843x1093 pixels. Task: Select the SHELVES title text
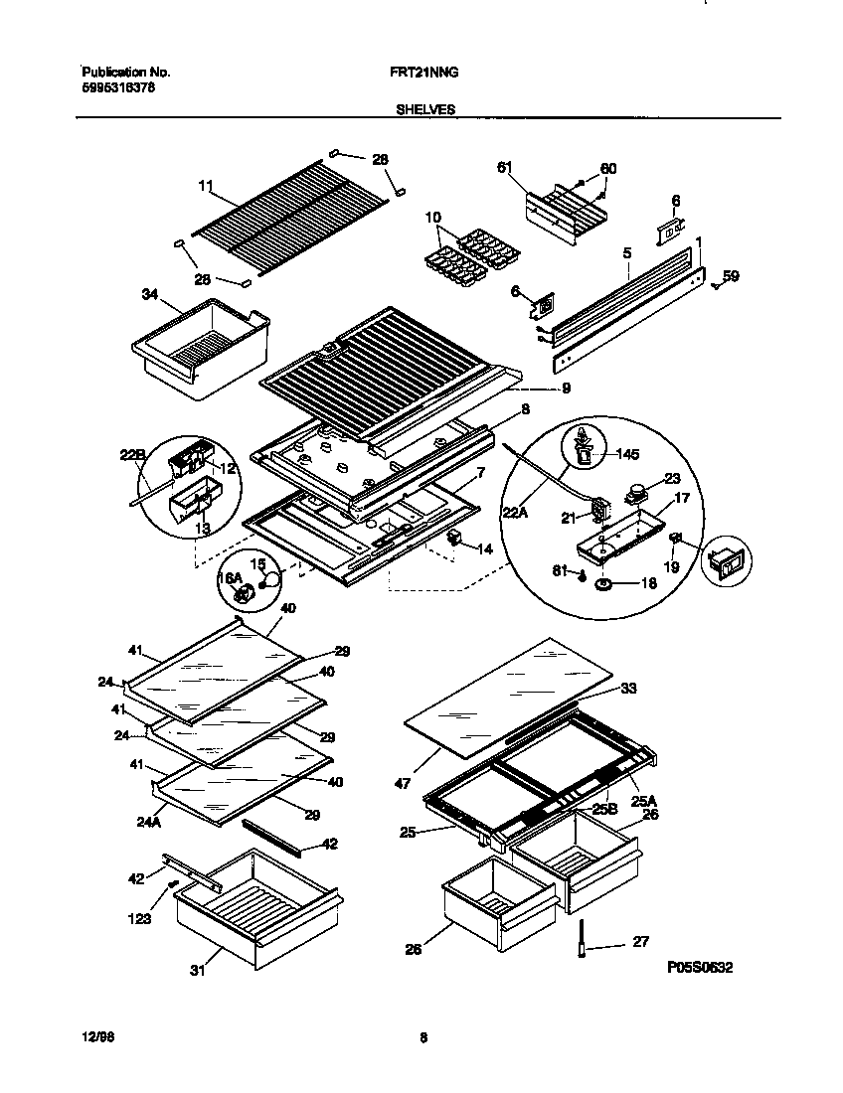click(x=426, y=110)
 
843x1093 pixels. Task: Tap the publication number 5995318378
click(x=117, y=87)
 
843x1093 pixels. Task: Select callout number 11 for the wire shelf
click(x=206, y=186)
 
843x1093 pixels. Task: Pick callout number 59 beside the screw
click(x=731, y=276)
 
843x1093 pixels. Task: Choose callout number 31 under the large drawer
click(x=197, y=970)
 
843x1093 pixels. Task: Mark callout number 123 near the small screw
click(x=140, y=919)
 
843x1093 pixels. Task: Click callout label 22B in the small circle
click(x=134, y=456)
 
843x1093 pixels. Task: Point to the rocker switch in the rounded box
click(x=727, y=564)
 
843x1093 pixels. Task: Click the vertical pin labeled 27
click(x=580, y=941)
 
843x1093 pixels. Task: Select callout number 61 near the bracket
click(x=505, y=168)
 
